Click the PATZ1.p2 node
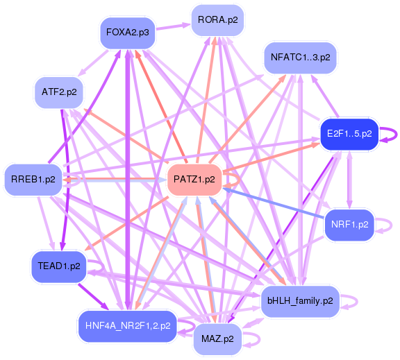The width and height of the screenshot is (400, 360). tap(194, 179)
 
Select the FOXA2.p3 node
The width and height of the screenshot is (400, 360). tap(127, 32)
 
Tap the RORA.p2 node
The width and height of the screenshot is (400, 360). tap(217, 19)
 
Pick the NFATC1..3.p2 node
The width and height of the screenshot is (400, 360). tap(300, 58)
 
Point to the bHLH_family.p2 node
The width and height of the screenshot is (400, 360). tap(300, 301)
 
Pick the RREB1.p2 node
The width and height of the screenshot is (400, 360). tap(33, 180)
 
